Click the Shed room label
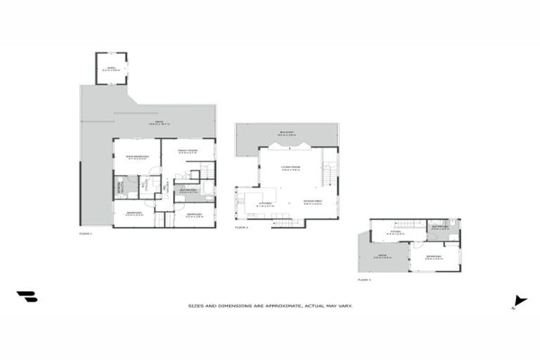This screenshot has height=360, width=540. point(111,69)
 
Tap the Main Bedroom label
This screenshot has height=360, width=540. point(136,157)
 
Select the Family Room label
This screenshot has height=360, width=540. point(187,150)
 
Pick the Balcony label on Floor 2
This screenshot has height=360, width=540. point(286,134)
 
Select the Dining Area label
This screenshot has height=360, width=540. point(312,203)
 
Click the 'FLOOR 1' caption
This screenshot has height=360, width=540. point(86,232)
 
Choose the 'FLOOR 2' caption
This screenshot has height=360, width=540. point(243,227)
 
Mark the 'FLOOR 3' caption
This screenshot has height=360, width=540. point(364,279)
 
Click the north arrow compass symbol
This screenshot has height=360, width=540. point(520,301)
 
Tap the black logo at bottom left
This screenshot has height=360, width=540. point(27,297)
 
